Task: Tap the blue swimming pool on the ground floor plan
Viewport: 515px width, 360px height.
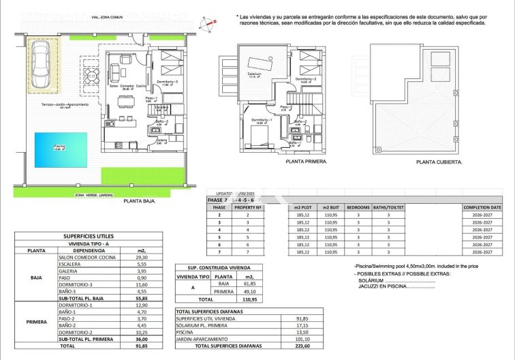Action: [x=61, y=149]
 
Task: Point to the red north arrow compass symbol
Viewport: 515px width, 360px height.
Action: [x=213, y=22]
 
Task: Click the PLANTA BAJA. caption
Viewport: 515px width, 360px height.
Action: [x=140, y=202]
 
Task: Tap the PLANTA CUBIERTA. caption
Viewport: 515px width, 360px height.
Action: [x=439, y=162]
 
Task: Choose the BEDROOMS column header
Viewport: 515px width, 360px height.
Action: [x=358, y=207]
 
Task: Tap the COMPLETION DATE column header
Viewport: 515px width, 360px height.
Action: [x=482, y=207]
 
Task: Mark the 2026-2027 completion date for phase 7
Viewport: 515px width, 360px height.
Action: [x=482, y=252]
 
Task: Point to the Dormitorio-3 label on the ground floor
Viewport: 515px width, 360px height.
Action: [x=167, y=82]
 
